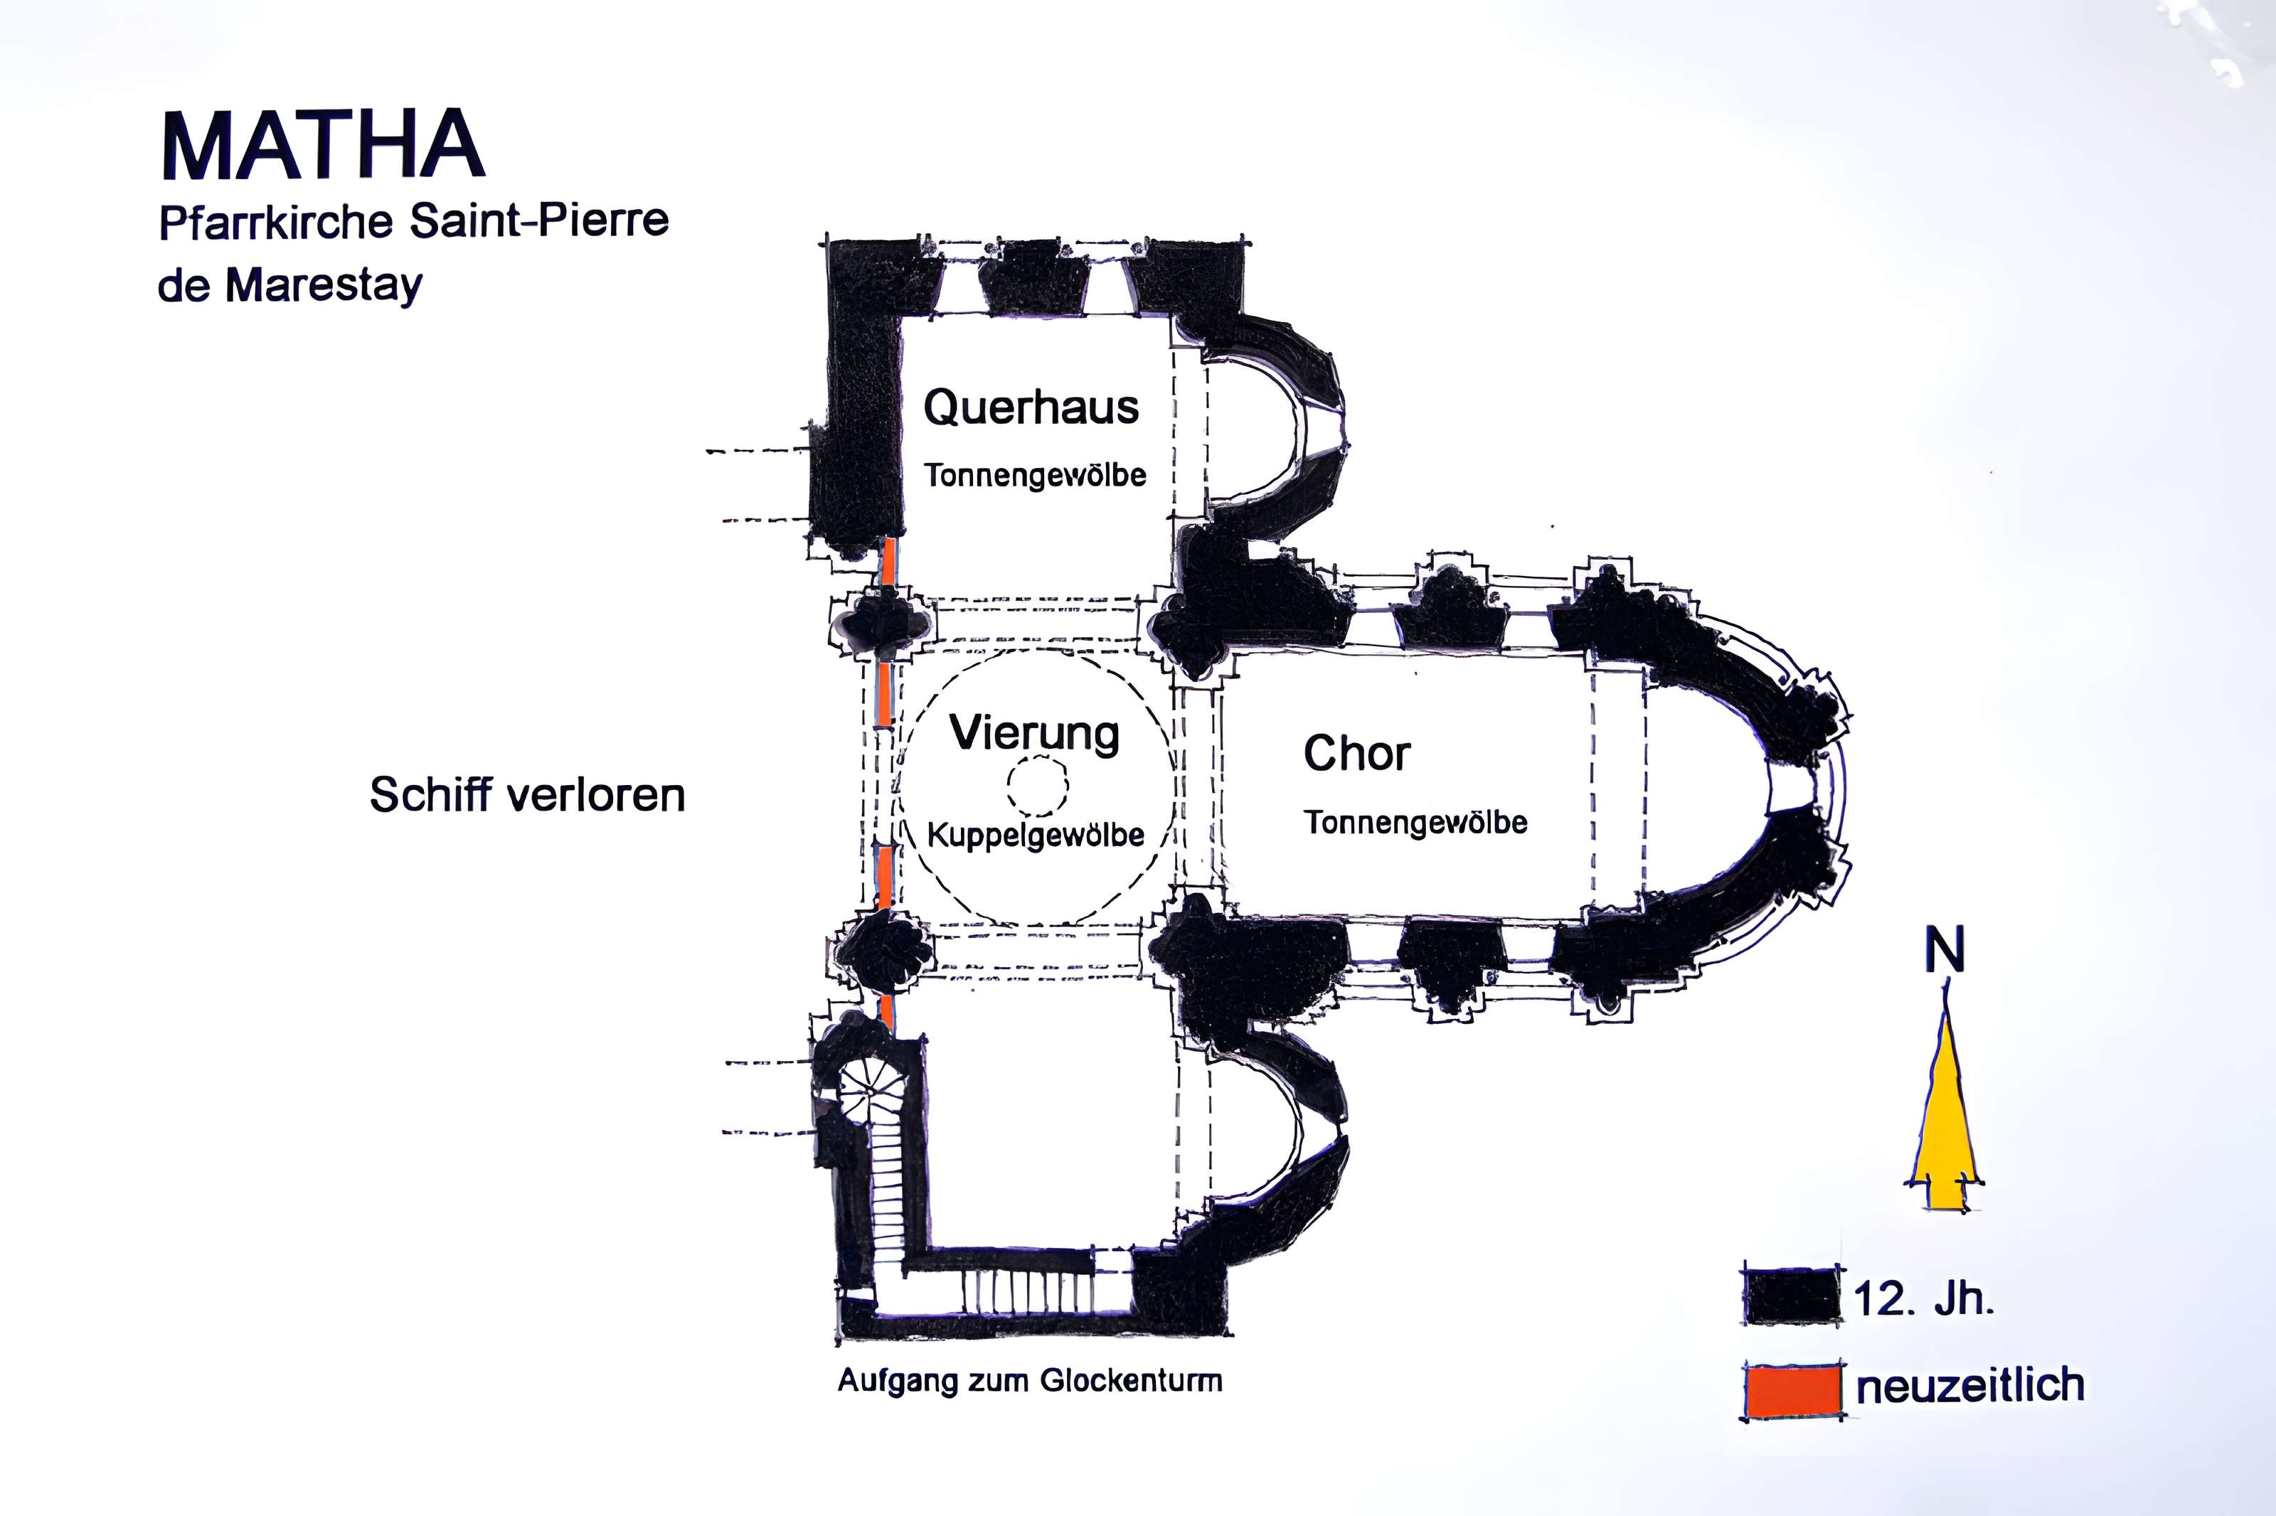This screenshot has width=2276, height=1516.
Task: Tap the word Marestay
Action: [x=324, y=286]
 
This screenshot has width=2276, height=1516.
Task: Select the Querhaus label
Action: [x=1031, y=408]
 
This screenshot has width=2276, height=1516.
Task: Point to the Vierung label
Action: [x=1035, y=733]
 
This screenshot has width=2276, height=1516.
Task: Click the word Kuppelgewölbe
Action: [x=1036, y=834]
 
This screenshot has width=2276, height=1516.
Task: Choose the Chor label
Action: [x=1356, y=753]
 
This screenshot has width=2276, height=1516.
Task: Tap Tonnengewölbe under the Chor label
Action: [x=1415, y=823]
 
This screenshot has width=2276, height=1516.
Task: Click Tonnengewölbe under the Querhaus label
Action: [x=1035, y=476]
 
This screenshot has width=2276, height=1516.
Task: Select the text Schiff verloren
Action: [x=527, y=796]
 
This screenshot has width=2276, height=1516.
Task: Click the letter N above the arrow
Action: [x=1945, y=951]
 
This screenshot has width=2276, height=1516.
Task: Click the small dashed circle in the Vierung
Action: [x=1038, y=785]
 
